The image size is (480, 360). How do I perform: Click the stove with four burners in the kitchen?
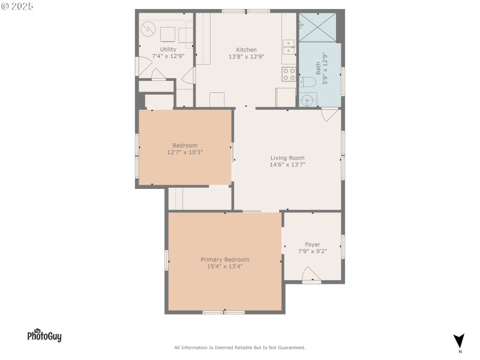click(289, 74)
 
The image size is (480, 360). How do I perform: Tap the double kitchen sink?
click(289, 47)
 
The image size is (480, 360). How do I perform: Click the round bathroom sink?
click(308, 100)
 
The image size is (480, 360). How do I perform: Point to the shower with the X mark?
click(317, 27)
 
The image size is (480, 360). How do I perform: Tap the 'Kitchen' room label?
click(246, 50)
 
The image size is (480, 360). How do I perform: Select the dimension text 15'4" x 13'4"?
click(224, 266)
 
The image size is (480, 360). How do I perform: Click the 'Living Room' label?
click(287, 158)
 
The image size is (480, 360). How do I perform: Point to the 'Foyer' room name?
click(313, 244)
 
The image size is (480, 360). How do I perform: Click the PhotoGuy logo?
click(44, 335)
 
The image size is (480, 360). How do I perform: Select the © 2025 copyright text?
click(17, 6)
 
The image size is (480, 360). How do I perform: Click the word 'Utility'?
click(168, 49)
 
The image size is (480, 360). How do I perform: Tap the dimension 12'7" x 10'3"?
click(185, 152)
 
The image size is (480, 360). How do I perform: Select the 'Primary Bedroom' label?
click(224, 259)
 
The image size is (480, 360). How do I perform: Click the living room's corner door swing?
click(329, 115)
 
